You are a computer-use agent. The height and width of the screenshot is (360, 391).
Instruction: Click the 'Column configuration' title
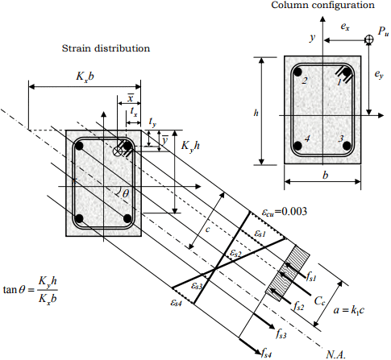click(322, 5)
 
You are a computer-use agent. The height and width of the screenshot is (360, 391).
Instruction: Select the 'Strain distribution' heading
click(106, 48)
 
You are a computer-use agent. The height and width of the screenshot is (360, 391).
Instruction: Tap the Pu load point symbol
click(369, 39)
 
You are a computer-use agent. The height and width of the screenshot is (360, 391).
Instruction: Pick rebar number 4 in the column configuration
click(297, 146)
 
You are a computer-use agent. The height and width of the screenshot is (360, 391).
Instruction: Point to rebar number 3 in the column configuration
click(347, 146)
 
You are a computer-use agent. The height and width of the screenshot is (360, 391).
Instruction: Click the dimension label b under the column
click(326, 176)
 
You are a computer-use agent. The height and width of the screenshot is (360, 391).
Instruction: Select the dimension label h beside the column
click(256, 113)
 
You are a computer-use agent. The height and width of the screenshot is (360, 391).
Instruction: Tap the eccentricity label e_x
click(345, 27)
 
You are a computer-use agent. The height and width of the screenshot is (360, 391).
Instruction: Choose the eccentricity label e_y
click(379, 74)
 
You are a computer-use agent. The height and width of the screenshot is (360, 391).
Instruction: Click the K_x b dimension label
click(85, 77)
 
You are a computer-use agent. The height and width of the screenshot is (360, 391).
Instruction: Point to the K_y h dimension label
click(190, 147)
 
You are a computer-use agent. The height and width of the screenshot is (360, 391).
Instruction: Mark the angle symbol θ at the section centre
click(126, 193)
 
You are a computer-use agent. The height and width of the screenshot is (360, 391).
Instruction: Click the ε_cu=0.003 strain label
click(285, 212)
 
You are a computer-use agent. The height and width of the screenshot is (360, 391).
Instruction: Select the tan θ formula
click(31, 290)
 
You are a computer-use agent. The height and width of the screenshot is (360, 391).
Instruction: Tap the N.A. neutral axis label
click(335, 354)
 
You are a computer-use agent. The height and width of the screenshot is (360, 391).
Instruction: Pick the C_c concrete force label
click(320, 301)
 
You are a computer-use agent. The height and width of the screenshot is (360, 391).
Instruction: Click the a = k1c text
click(349, 310)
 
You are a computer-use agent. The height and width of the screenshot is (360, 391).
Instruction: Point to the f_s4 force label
click(266, 353)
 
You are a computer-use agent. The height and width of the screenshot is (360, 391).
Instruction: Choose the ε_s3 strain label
click(197, 286)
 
